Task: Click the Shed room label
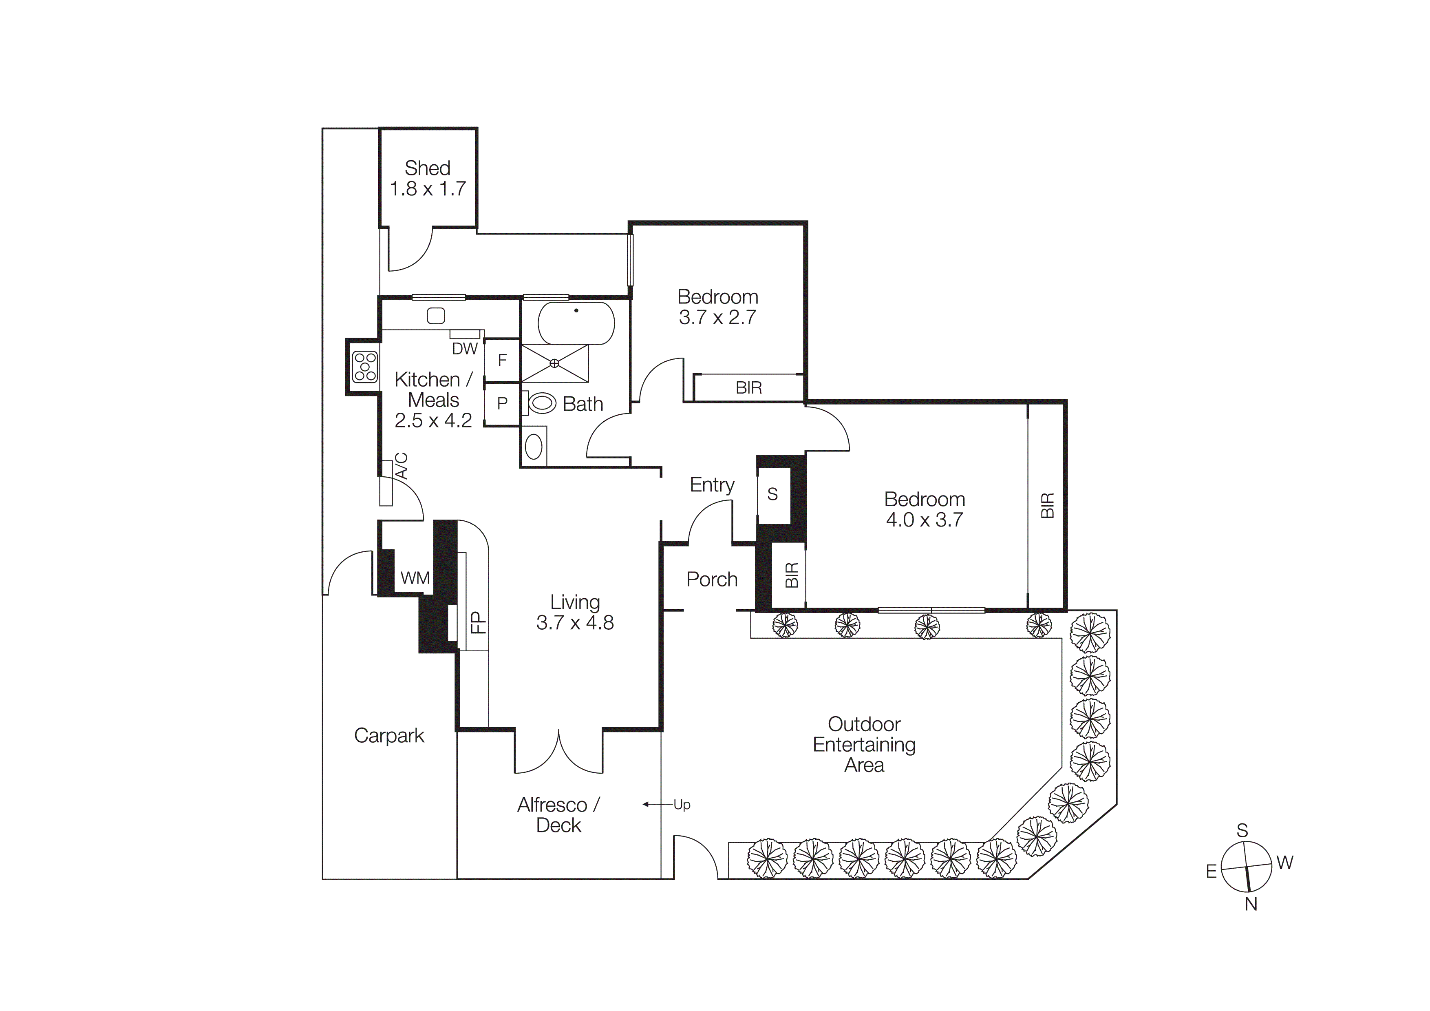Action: pyautogui.click(x=427, y=168)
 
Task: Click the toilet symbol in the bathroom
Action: pyautogui.click(x=541, y=403)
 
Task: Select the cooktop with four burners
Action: pyautogui.click(x=364, y=367)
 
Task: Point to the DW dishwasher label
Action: pyautogui.click(x=465, y=349)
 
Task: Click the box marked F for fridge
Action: pyautogui.click(x=502, y=360)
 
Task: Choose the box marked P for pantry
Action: pyautogui.click(x=502, y=404)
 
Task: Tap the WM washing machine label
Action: pyautogui.click(x=415, y=578)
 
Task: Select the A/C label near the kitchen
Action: pyautogui.click(x=402, y=466)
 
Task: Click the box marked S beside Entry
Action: pyautogui.click(x=772, y=494)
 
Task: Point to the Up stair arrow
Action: pyautogui.click(x=681, y=805)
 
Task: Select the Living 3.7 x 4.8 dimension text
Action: pyautogui.click(x=575, y=622)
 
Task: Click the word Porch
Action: pyautogui.click(x=712, y=579)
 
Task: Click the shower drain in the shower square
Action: pyautogui.click(x=554, y=363)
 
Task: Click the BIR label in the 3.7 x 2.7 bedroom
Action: pyautogui.click(x=749, y=388)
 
